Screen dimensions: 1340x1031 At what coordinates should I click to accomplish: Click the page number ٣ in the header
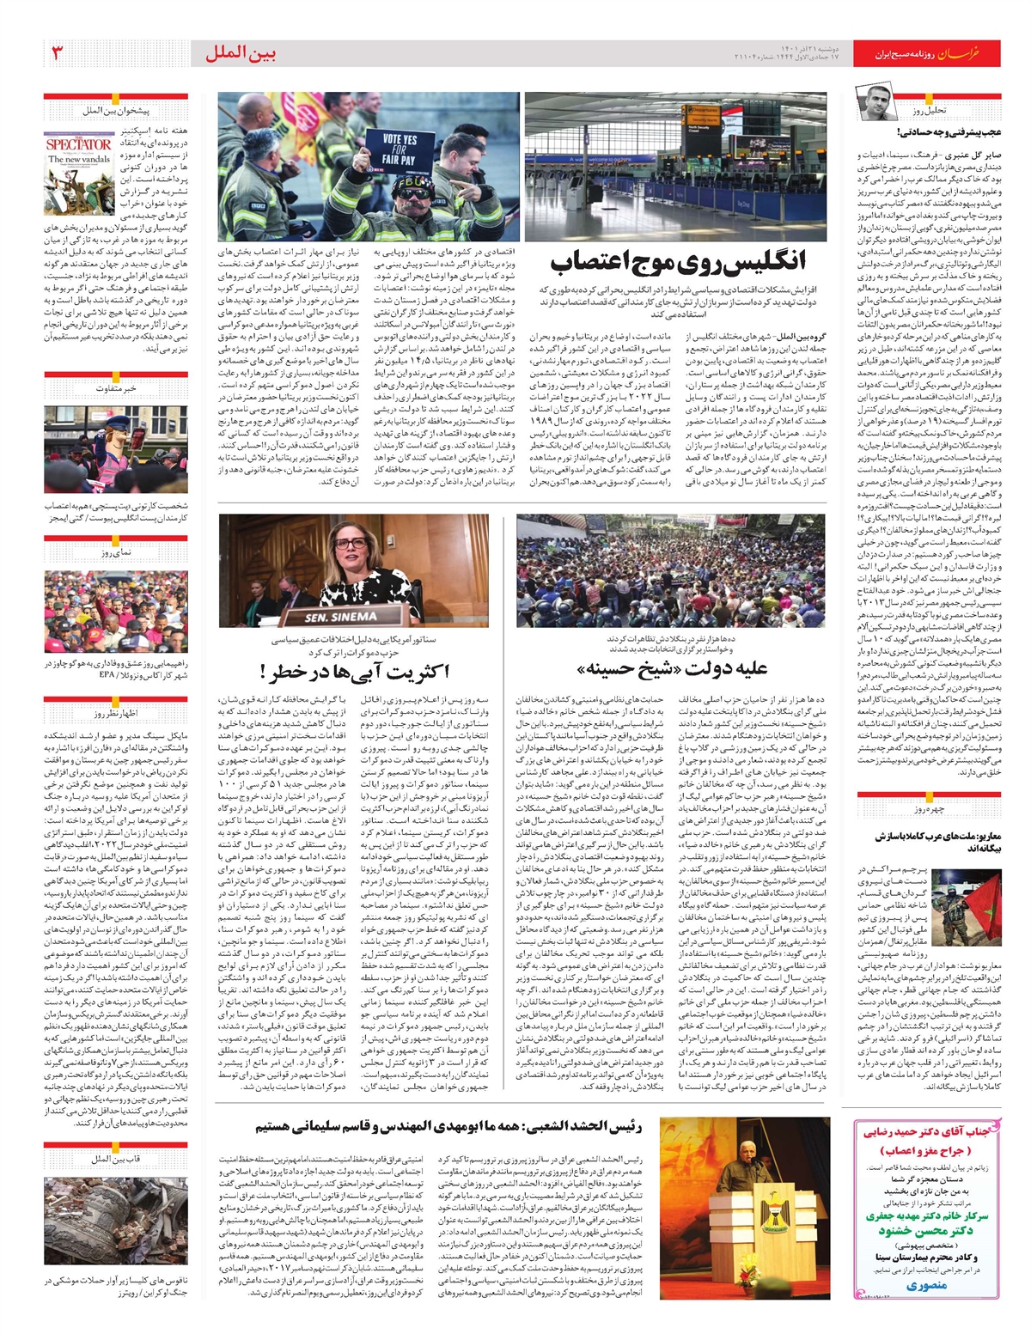click(58, 54)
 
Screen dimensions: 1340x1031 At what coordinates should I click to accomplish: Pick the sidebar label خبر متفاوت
click(117, 388)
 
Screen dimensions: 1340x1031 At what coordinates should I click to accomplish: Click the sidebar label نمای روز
click(117, 552)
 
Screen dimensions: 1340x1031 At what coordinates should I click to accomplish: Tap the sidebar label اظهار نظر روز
click(117, 714)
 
